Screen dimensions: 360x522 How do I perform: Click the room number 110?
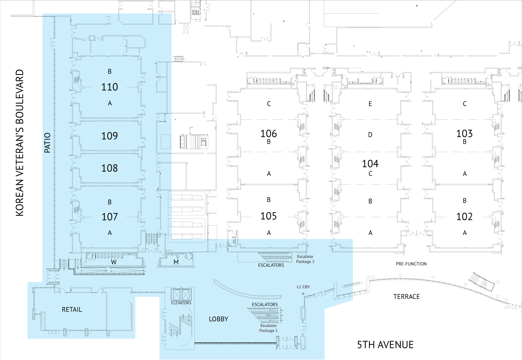pos(109,87)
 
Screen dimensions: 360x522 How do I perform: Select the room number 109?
pos(109,136)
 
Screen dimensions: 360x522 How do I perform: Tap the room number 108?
pos(109,168)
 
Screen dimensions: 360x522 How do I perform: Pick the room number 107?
pos(109,217)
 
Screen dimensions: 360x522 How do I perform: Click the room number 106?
pos(268,133)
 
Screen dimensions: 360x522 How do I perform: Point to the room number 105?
pos(268,216)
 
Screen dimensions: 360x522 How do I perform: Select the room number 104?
pos(370,163)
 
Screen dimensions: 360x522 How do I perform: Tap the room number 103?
pos(464,133)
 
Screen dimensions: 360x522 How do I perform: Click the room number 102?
pos(464,217)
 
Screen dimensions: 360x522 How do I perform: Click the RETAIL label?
pos(72,310)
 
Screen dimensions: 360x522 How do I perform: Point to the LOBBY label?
pos(218,319)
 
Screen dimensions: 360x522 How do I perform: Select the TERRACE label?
pos(406,297)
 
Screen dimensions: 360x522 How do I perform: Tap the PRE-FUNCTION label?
pos(411,264)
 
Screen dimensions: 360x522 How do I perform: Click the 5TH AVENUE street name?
pos(385,345)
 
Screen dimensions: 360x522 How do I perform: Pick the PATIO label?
pos(47,143)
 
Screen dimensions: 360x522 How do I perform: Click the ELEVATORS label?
pos(181,303)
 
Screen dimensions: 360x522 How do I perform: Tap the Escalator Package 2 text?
pos(305,259)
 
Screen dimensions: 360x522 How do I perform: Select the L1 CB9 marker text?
pos(303,287)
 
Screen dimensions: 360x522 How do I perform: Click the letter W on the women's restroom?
pos(114,262)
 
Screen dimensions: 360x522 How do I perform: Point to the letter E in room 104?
pos(370,104)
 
